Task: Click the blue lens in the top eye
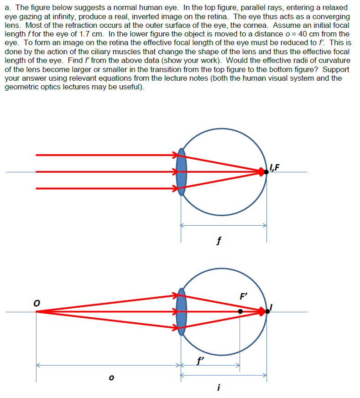[x=182, y=171]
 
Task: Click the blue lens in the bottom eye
[x=182, y=312]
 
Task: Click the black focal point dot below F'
[x=240, y=312]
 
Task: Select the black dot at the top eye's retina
[x=266, y=172]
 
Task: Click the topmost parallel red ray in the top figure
[x=105, y=155]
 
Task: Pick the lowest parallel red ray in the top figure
[x=105, y=188]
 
